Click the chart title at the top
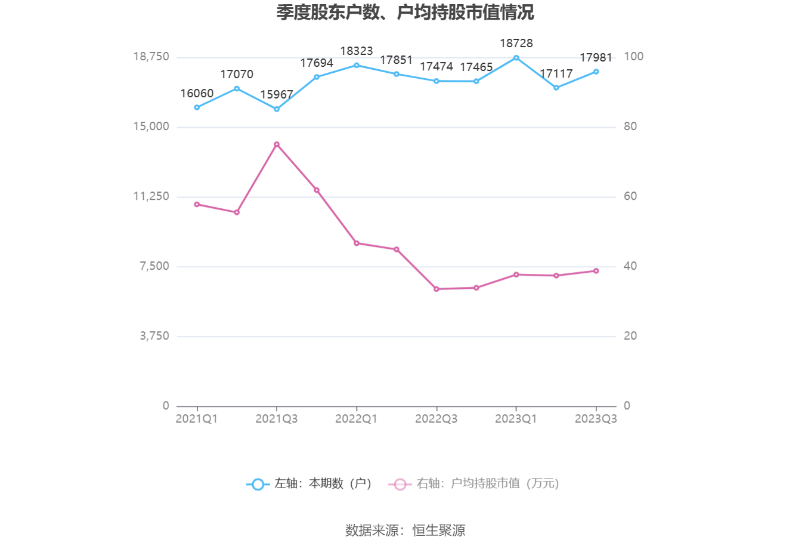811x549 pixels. coord(405,13)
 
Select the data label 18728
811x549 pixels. coord(516,43)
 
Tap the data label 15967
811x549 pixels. coord(276,95)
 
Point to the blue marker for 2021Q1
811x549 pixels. coord(197,107)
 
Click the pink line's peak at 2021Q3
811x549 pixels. coord(277,144)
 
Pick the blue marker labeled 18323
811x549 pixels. coord(357,65)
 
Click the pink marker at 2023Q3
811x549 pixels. coord(596,271)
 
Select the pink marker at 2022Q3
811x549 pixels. coord(437,289)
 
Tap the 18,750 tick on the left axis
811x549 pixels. coord(151,57)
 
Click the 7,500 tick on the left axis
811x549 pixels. coord(154,266)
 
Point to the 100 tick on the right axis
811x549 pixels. coord(633,57)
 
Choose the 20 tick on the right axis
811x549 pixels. coord(630,336)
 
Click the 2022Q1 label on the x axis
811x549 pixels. coord(356,419)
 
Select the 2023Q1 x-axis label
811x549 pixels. coord(516,419)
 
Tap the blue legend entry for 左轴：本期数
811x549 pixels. coord(309,484)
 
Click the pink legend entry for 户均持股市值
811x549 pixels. coord(474,484)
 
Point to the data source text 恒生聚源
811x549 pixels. coord(439,530)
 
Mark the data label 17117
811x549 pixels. coord(556,73)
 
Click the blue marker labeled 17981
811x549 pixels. coord(596,72)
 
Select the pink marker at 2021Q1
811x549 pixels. coord(197,204)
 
